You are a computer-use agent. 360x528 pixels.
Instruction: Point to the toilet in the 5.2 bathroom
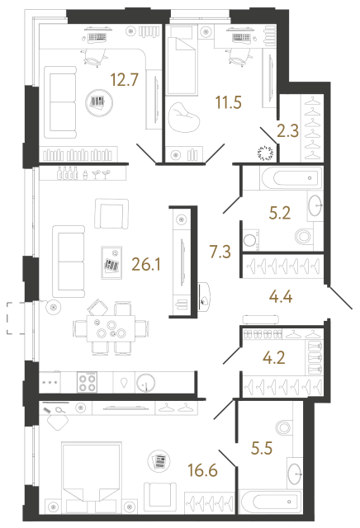coord(301,237)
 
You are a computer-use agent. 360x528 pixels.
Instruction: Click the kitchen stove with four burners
coord(88,382)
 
